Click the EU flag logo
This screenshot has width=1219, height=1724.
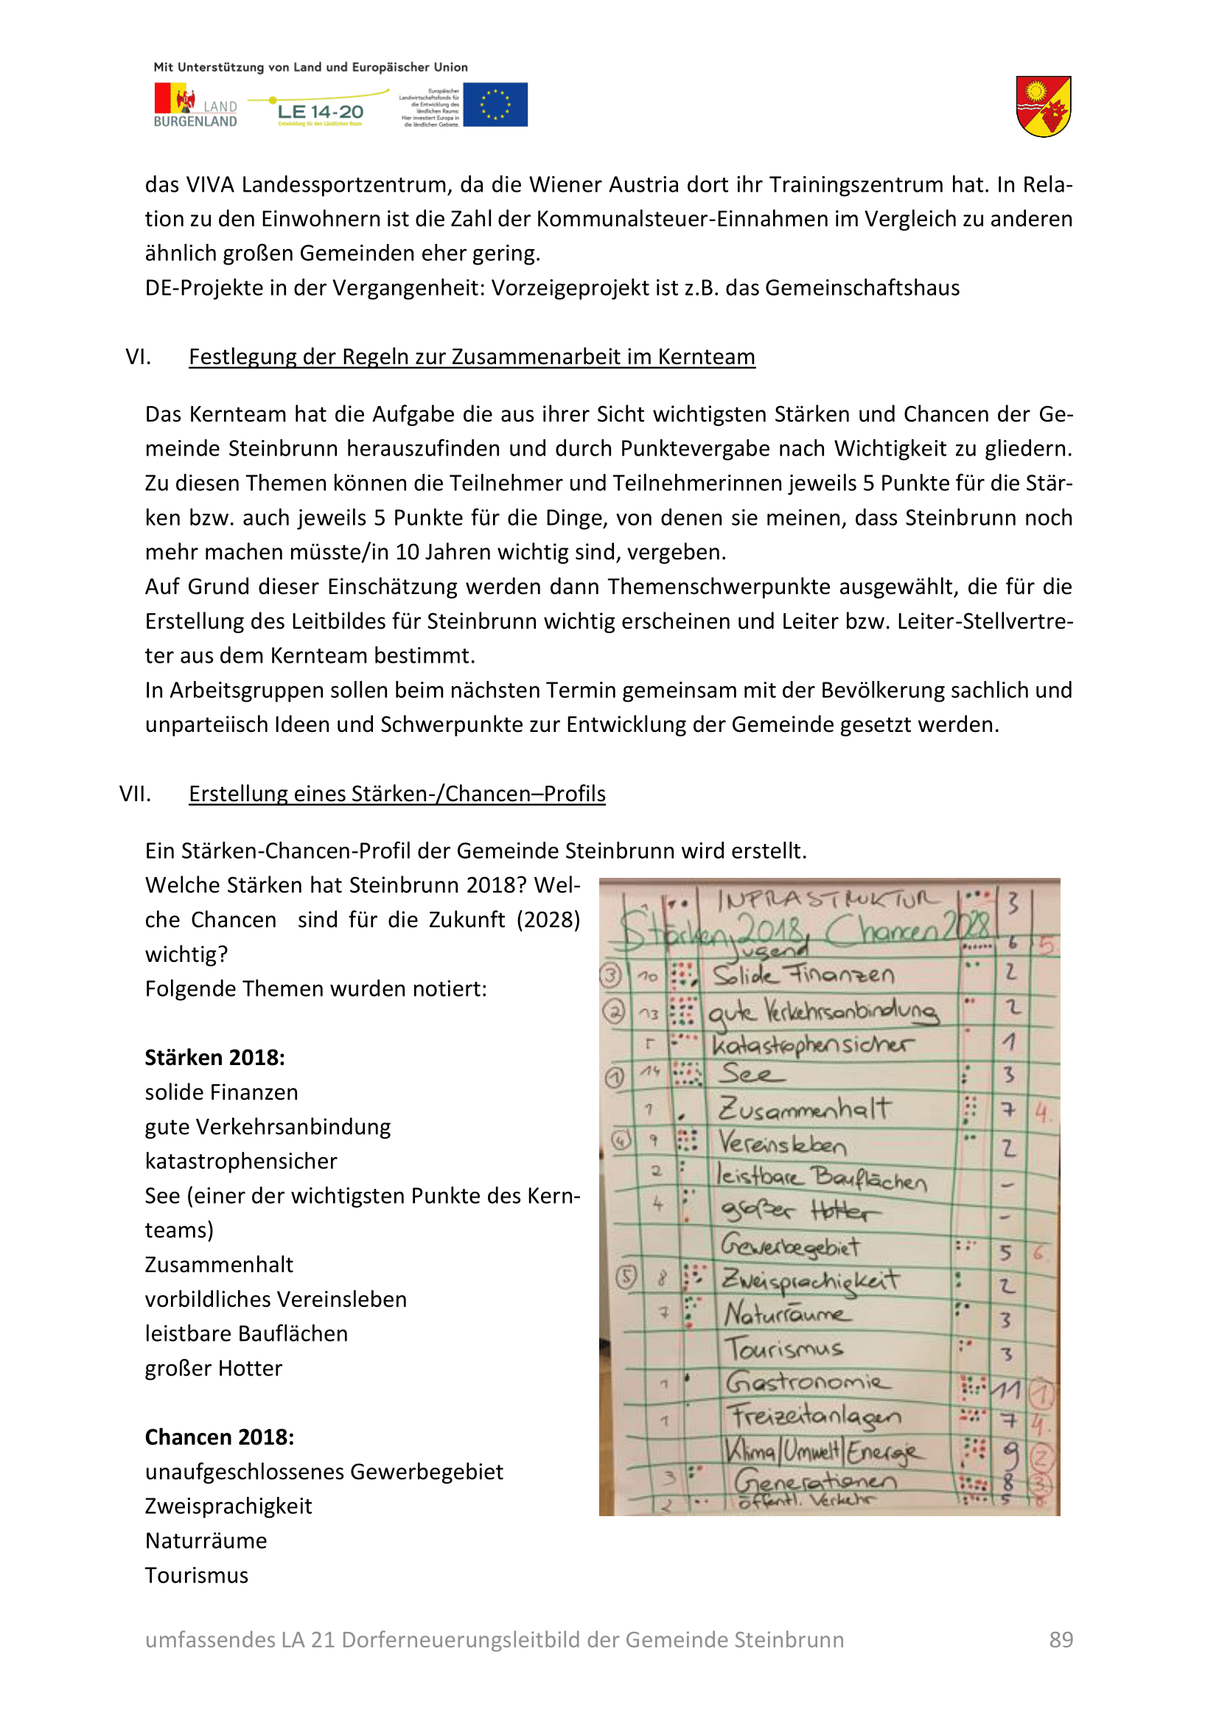pyautogui.click(x=495, y=105)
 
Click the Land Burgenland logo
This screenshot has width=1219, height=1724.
pyautogui.click(x=195, y=105)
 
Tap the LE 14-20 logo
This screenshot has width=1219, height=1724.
pyautogui.click(x=320, y=111)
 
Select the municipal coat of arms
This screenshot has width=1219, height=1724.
pyautogui.click(x=1043, y=106)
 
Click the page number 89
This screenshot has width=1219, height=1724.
pyautogui.click(x=1061, y=1639)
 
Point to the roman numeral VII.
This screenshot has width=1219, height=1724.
pyautogui.click(x=135, y=794)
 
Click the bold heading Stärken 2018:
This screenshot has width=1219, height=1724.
pyautogui.click(x=214, y=1057)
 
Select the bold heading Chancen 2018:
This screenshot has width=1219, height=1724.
pyautogui.click(x=219, y=1437)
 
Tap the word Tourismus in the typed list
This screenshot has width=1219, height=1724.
pyautogui.click(x=197, y=1574)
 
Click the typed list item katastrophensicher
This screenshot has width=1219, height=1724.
pyautogui.click(x=241, y=1161)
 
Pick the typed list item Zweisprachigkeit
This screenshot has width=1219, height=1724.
pyautogui.click(x=228, y=1506)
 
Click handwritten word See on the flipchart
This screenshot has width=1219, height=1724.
pyautogui.click(x=750, y=1074)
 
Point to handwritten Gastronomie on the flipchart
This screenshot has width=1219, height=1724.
pyautogui.click(x=808, y=1381)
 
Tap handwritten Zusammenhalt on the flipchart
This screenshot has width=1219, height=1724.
pyautogui.click(x=805, y=1109)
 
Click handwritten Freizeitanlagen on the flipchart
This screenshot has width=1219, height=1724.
pyautogui.click(x=815, y=1416)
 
